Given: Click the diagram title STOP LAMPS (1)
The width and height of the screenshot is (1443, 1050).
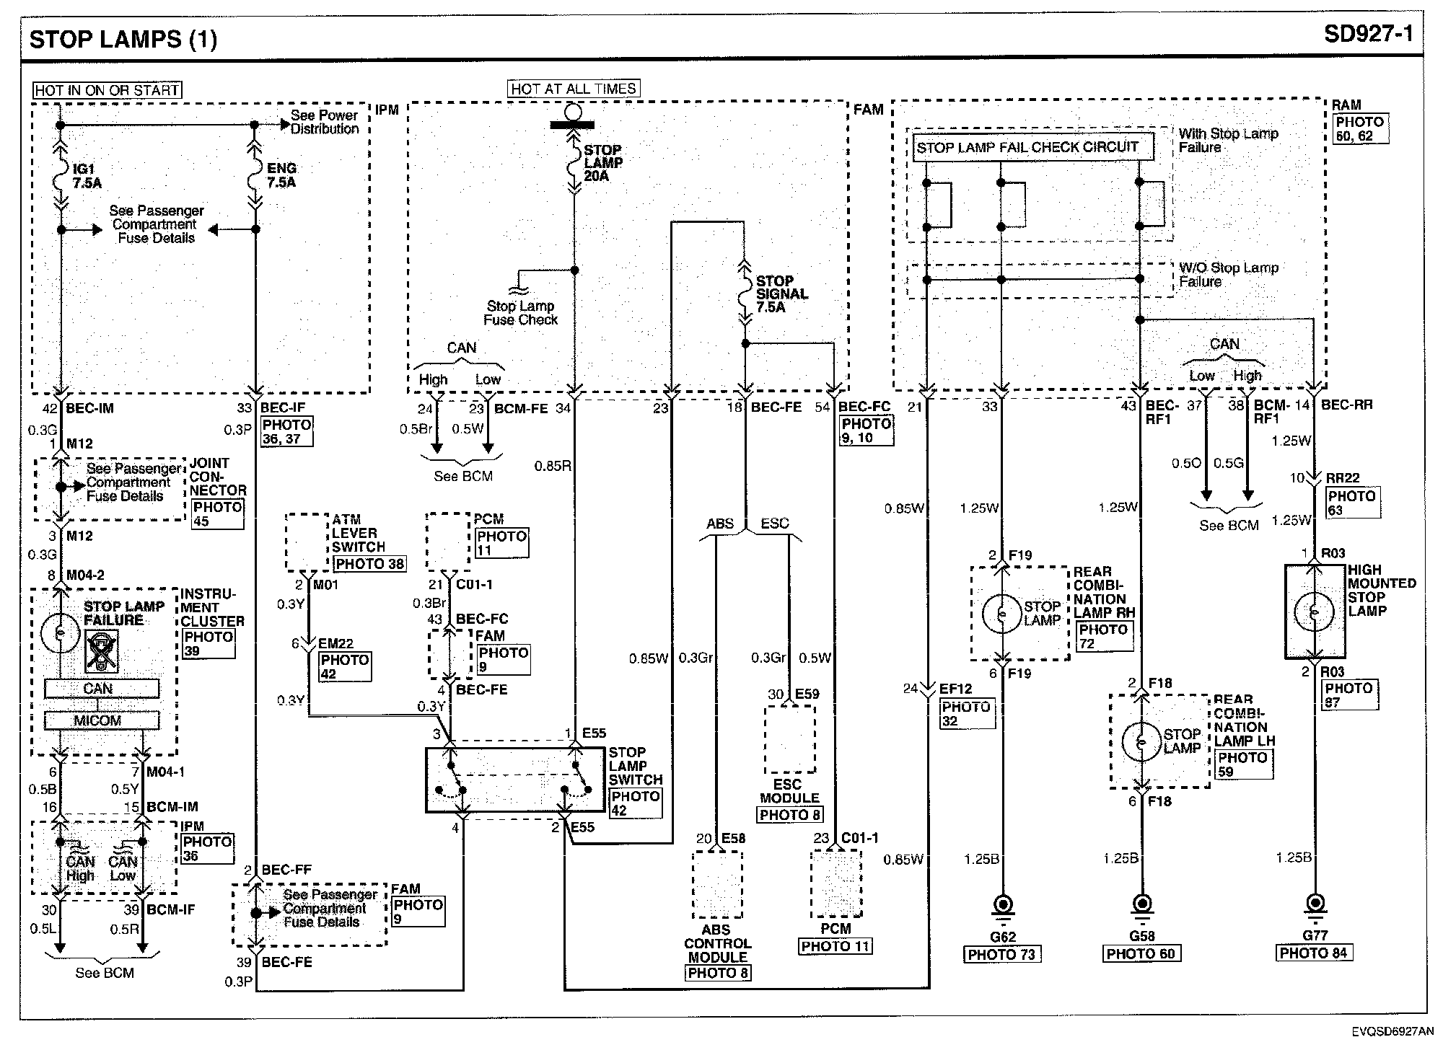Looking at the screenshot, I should (123, 38).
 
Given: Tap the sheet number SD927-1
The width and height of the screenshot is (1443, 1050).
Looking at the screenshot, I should (1368, 35).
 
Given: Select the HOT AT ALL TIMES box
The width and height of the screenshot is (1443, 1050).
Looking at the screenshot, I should (574, 89).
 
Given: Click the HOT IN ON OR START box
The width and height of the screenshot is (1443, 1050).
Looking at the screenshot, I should (107, 90).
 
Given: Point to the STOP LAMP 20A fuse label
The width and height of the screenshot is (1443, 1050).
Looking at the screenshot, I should (603, 163).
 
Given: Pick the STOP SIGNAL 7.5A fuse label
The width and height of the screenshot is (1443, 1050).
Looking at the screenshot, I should (781, 294).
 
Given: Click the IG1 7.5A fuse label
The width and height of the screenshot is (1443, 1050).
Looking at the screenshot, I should (87, 176).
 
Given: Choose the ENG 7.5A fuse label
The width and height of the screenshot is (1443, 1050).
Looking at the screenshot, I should (281, 175).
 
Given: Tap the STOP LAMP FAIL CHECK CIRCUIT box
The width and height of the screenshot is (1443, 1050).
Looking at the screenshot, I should (1027, 147).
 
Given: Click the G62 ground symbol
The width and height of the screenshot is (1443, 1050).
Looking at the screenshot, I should (1003, 906).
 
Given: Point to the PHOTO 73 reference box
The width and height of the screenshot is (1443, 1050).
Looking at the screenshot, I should (1001, 954).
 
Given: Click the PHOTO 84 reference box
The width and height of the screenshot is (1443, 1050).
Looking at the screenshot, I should (1313, 953).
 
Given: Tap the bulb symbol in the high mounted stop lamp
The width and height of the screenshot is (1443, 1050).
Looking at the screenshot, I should (1315, 612).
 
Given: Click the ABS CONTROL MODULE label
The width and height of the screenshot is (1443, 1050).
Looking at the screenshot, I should (717, 943).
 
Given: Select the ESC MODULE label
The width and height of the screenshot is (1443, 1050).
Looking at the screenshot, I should (789, 791).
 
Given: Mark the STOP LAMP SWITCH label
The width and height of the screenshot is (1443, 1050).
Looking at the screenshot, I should (635, 766).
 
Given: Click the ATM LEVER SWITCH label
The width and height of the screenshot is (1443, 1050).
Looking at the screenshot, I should (354, 533).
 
